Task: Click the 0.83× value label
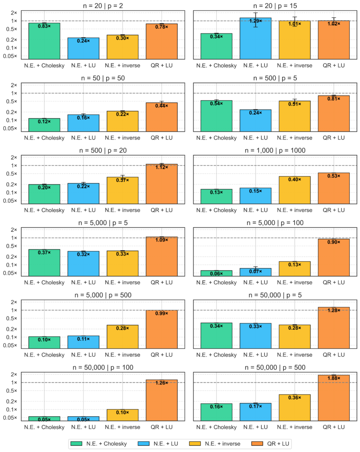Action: pyautogui.click(x=44, y=26)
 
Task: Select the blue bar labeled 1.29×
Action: pyautogui.click(x=255, y=38)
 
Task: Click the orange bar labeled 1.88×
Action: pyautogui.click(x=334, y=397)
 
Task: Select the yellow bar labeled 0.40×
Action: pyautogui.click(x=294, y=190)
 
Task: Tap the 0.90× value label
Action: pyautogui.click(x=334, y=242)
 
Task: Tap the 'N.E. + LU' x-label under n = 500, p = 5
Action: pyautogui.click(x=255, y=138)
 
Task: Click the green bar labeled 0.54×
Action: pyautogui.click(x=216, y=115)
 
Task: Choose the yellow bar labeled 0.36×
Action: pyautogui.click(x=294, y=407)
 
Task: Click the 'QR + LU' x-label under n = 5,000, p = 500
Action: pyautogui.click(x=161, y=355)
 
